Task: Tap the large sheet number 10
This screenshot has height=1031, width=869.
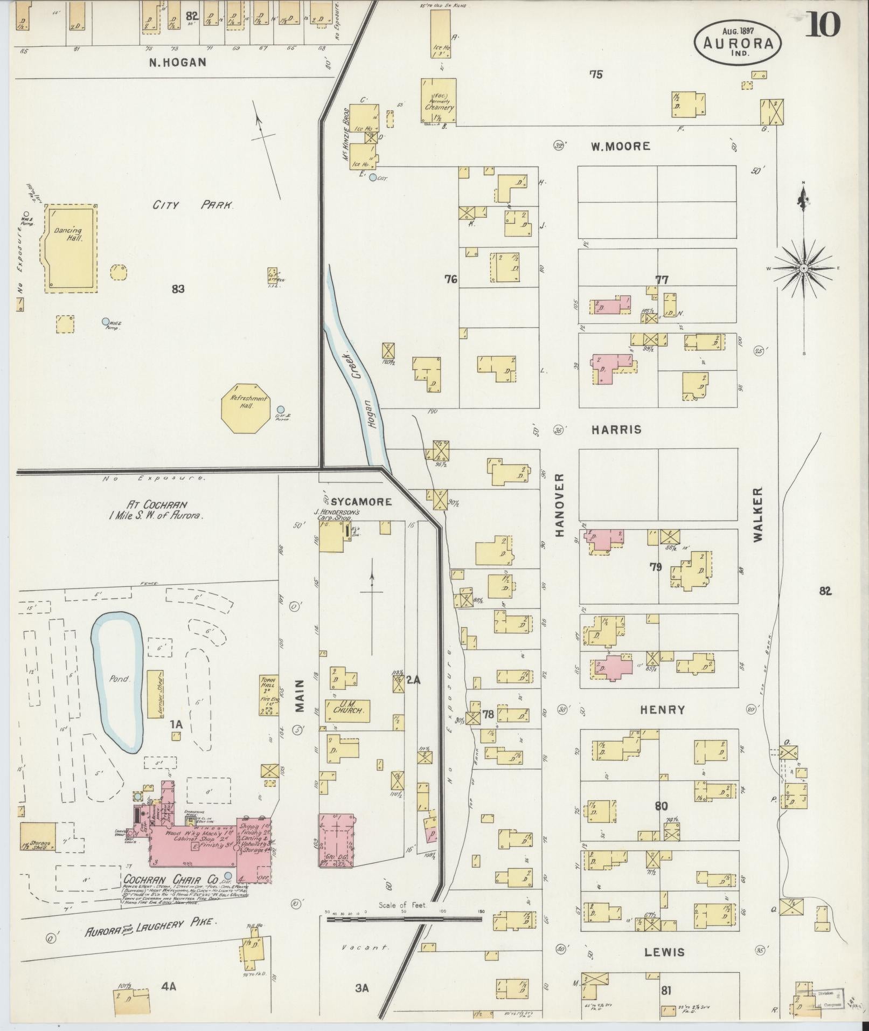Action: (822, 25)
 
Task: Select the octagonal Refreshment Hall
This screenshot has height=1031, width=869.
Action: (245, 408)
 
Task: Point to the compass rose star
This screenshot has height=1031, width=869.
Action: (803, 268)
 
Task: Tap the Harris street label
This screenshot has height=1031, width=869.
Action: (616, 430)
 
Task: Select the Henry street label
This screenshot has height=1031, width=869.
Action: (662, 710)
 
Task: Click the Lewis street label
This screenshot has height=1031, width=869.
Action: (664, 952)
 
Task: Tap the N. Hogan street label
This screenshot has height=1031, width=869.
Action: (177, 62)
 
